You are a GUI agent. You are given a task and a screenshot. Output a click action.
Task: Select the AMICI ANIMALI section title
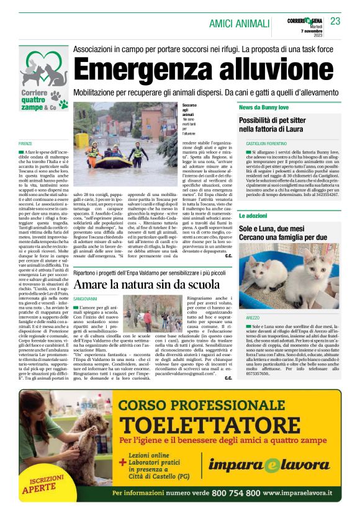(x=238, y=23)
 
